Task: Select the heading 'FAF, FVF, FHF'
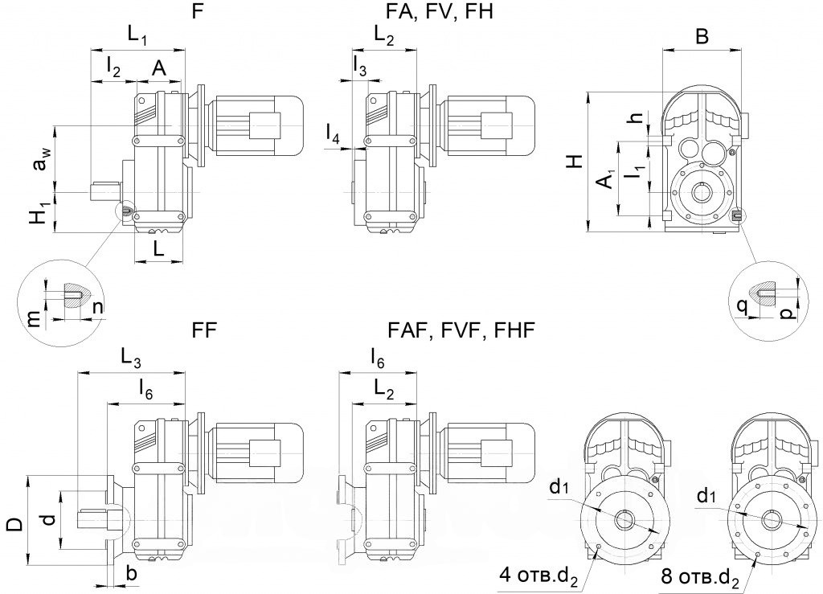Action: pyautogui.click(x=461, y=330)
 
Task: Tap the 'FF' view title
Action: pyautogui.click(x=205, y=330)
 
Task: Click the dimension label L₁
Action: pyautogui.click(x=138, y=35)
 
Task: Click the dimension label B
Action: pyautogui.click(x=702, y=36)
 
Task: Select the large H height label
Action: pyautogui.click(x=576, y=161)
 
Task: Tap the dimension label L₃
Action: pyautogui.click(x=131, y=358)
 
